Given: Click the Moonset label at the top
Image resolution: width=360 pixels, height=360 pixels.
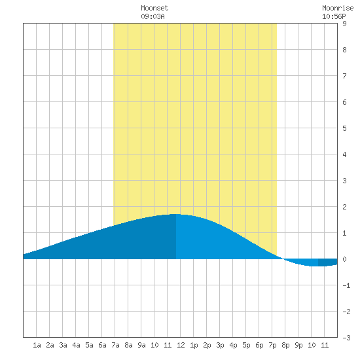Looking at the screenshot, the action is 154,8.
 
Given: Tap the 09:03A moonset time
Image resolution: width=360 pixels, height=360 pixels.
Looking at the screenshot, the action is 153,16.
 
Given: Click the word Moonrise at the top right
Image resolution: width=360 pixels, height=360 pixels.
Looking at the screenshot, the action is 338,8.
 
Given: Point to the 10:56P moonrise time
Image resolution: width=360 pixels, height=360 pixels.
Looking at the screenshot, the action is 334,16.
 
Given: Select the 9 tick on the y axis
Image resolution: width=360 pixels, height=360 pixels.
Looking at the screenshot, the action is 344,24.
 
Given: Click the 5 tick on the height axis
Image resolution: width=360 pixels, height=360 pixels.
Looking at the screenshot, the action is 344,128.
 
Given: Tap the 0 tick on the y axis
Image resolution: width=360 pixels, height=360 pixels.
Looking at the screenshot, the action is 344,259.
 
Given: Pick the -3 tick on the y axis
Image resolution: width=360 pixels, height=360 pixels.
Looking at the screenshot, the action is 346,338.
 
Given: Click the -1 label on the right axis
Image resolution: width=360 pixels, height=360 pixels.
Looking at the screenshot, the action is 346,285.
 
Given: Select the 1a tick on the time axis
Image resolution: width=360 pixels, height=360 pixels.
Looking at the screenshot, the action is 37,345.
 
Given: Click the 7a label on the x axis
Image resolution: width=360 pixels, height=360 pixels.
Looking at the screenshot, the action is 115,345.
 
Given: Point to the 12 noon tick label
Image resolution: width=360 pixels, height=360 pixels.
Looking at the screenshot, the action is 181,345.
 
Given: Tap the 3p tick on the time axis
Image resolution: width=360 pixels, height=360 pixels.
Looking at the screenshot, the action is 220,345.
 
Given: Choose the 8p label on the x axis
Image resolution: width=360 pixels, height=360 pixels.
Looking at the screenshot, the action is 285,345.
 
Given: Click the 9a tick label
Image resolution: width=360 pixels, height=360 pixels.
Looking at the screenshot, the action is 141,345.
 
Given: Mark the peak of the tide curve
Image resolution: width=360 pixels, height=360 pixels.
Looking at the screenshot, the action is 175,214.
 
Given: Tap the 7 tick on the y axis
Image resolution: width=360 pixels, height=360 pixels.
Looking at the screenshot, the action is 344,76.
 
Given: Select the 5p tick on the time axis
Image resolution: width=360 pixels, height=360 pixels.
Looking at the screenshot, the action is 246,345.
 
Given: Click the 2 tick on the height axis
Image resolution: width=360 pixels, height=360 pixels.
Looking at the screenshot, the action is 344,207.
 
